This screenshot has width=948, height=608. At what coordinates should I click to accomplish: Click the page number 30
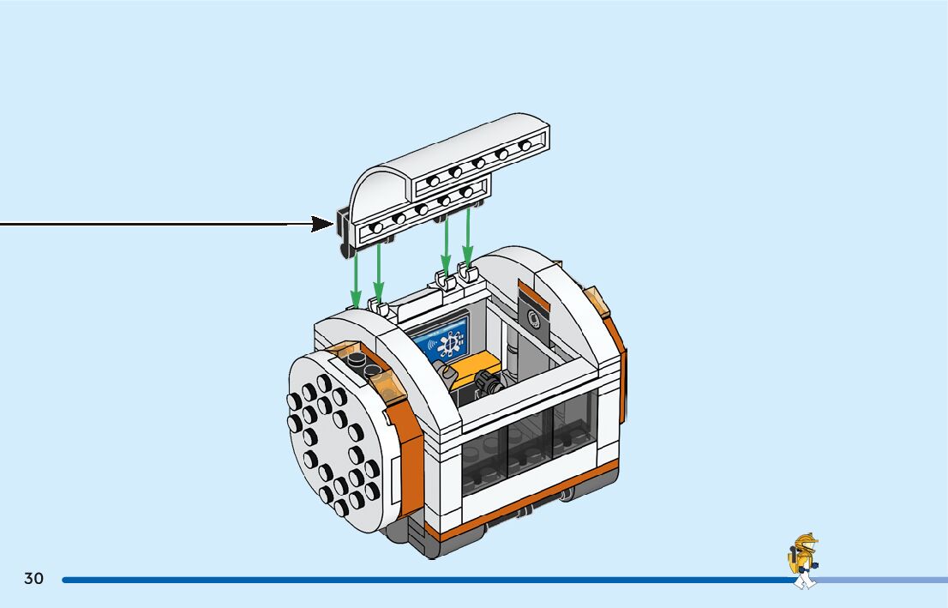pos(33,579)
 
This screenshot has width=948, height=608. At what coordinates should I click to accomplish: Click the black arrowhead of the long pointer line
pos(322,224)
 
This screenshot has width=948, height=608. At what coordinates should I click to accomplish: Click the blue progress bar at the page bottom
pos(429,580)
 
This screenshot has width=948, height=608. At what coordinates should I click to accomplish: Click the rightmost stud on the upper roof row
pos(525,147)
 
